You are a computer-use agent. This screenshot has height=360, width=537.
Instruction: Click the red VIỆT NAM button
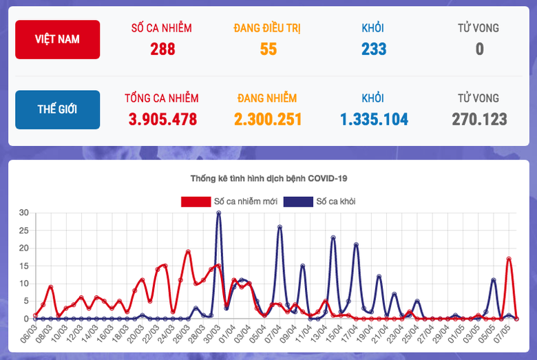pyautogui.click(x=57, y=39)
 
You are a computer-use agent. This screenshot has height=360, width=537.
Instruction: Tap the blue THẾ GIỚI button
pyautogui.click(x=57, y=109)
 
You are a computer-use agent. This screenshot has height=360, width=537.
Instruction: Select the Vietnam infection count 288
pyautogui.click(x=162, y=49)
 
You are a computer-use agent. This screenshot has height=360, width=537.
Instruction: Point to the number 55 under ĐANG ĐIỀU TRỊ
pyautogui.click(x=268, y=49)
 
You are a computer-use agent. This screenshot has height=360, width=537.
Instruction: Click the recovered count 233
pyautogui.click(x=373, y=49)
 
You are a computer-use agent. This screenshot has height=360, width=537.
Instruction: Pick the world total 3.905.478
pyautogui.click(x=162, y=119)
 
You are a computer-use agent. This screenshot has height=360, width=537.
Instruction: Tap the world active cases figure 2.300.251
pyautogui.click(x=268, y=119)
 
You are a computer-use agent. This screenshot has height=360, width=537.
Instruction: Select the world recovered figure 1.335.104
pyautogui.click(x=373, y=119)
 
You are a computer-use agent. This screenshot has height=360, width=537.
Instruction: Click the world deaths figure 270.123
pyautogui.click(x=479, y=119)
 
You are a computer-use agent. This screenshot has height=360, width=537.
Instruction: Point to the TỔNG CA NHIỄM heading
pyautogui.click(x=162, y=98)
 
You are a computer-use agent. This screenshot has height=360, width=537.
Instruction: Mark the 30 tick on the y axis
pyautogui.click(x=23, y=213)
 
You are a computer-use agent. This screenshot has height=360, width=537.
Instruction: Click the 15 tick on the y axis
pyautogui.click(x=23, y=266)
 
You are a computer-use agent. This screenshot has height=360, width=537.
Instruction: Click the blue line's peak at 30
pyautogui.click(x=219, y=213)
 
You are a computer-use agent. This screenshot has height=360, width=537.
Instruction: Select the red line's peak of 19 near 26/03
pyautogui.click(x=188, y=252)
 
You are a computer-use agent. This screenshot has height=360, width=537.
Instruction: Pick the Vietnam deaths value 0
pyautogui.click(x=479, y=49)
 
